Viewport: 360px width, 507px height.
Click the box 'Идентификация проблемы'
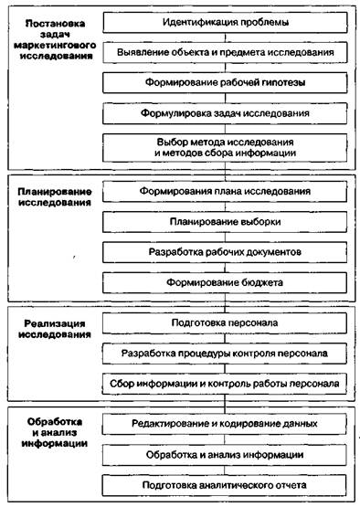click(x=225, y=21)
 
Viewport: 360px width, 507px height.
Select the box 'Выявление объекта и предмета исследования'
click(x=225, y=53)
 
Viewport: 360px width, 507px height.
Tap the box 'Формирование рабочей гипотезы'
click(x=225, y=84)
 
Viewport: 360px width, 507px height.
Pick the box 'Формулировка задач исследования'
click(x=225, y=115)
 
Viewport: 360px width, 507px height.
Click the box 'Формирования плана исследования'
click(x=225, y=192)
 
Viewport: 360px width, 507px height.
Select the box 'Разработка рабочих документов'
click(x=225, y=251)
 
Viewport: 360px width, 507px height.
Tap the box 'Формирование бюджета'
click(x=225, y=282)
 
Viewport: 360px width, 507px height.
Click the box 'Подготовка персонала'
click(x=225, y=323)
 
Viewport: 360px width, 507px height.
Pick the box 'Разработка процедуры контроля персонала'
click(x=225, y=354)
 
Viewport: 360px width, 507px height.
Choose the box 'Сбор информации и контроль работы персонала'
click(x=225, y=383)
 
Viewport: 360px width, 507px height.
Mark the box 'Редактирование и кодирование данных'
click(x=225, y=424)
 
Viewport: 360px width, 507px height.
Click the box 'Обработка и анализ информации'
click(x=225, y=454)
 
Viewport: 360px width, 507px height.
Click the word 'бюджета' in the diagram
click(x=259, y=282)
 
